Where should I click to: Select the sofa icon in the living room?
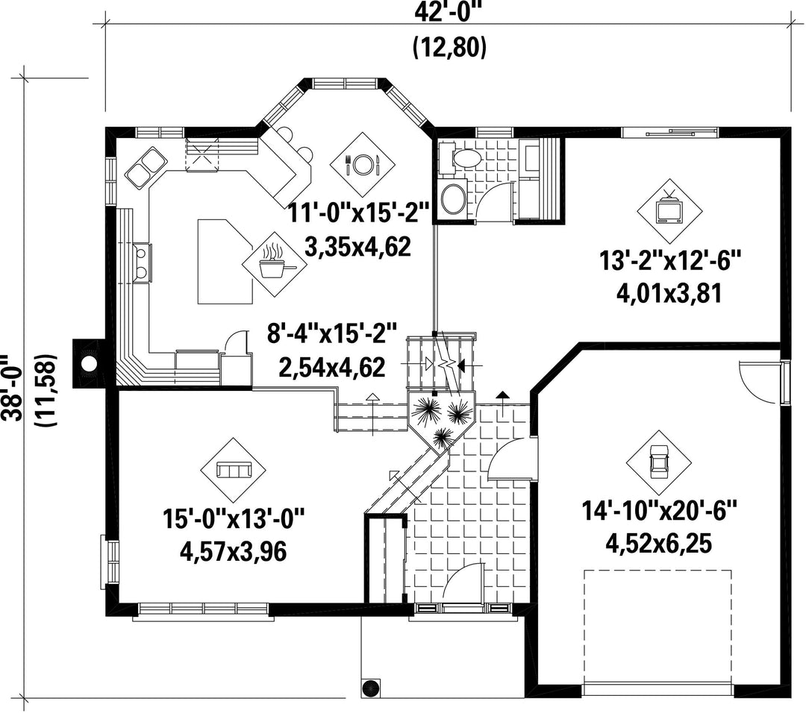(234, 470)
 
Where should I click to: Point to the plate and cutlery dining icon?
(363, 164)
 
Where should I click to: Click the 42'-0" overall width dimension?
(449, 13)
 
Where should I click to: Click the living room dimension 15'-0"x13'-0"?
(234, 518)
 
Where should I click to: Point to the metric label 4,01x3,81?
(669, 293)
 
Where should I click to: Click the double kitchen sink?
(146, 168)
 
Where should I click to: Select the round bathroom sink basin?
(454, 198)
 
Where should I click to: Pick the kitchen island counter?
(225, 261)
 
